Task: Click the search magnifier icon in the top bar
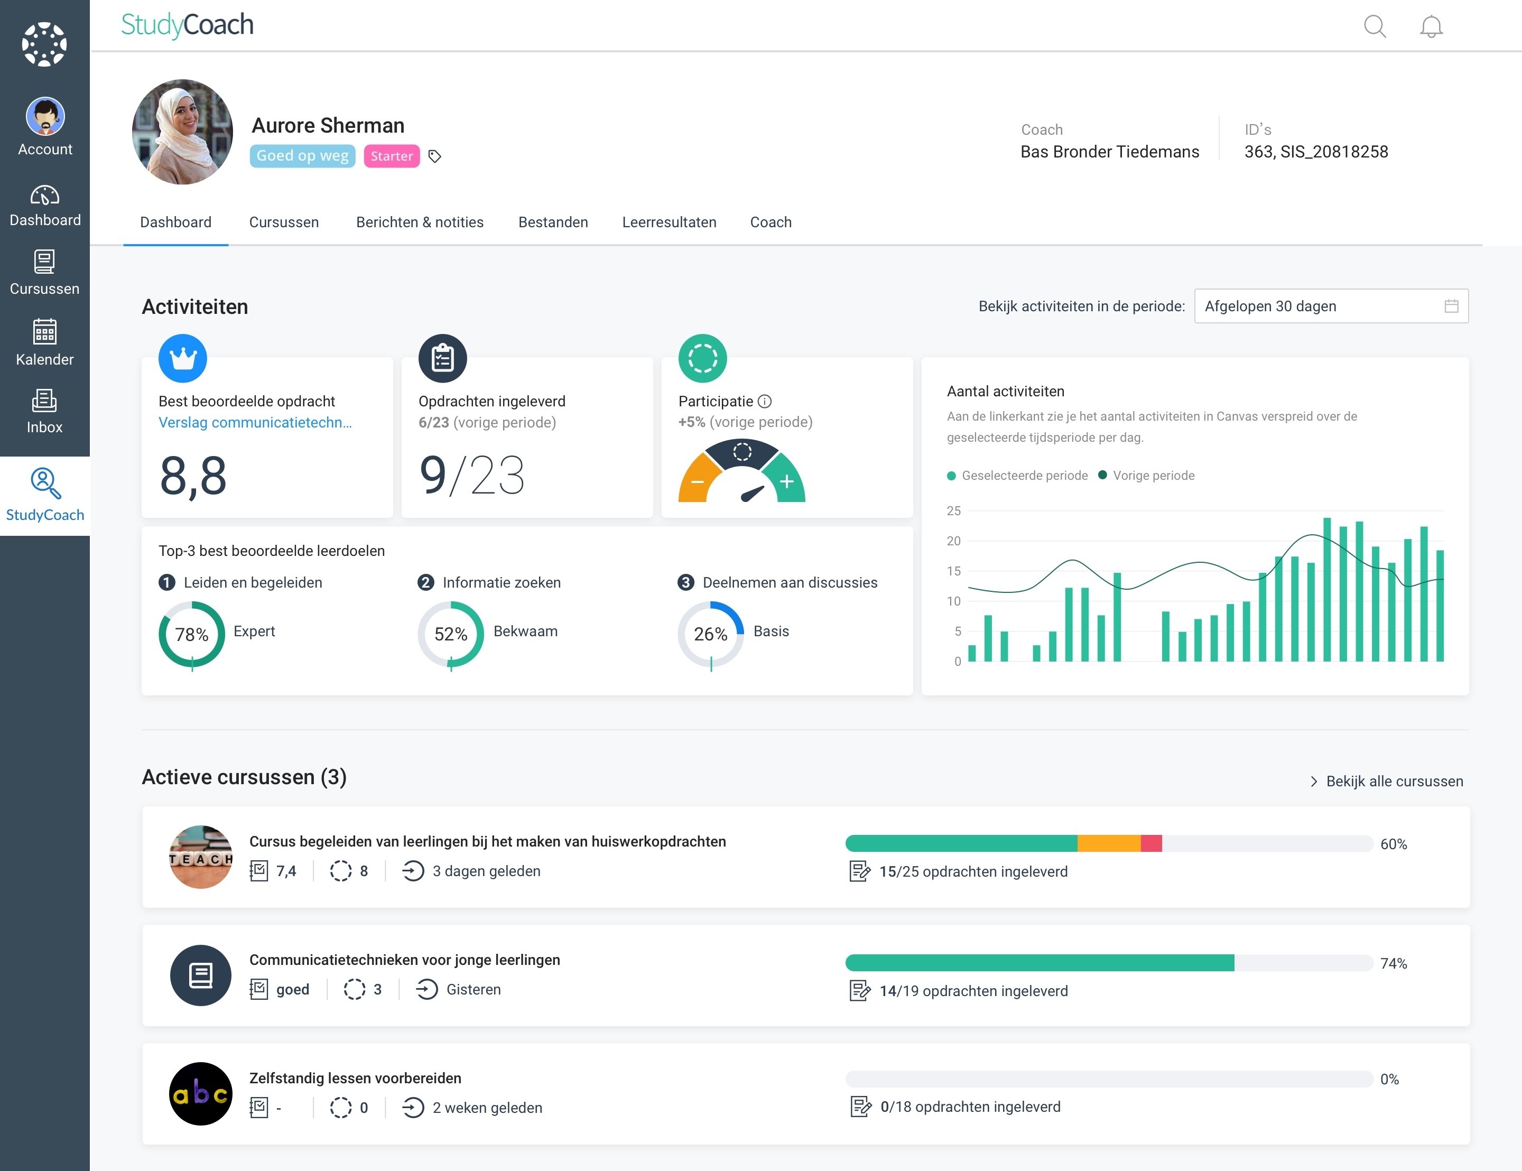point(1374,26)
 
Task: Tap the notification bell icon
point(1431,26)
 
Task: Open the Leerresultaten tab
point(669,222)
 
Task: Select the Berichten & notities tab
point(420,222)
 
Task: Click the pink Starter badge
point(392,156)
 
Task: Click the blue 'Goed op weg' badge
point(302,155)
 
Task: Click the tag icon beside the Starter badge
point(434,156)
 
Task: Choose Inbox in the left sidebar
point(44,411)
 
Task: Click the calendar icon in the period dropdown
point(1451,306)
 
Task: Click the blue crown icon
point(182,358)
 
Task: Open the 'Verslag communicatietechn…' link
point(255,422)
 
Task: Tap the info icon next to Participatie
point(765,402)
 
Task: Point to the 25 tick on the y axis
point(953,511)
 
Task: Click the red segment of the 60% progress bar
point(1151,843)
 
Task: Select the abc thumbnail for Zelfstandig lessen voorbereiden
point(201,1094)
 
